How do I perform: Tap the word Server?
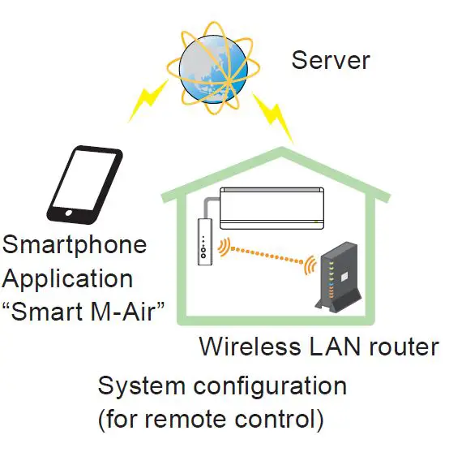click(331, 59)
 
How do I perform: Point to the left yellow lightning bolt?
click(149, 99)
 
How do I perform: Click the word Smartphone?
click(75, 243)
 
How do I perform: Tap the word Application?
click(68, 278)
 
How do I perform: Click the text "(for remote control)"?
click(211, 420)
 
